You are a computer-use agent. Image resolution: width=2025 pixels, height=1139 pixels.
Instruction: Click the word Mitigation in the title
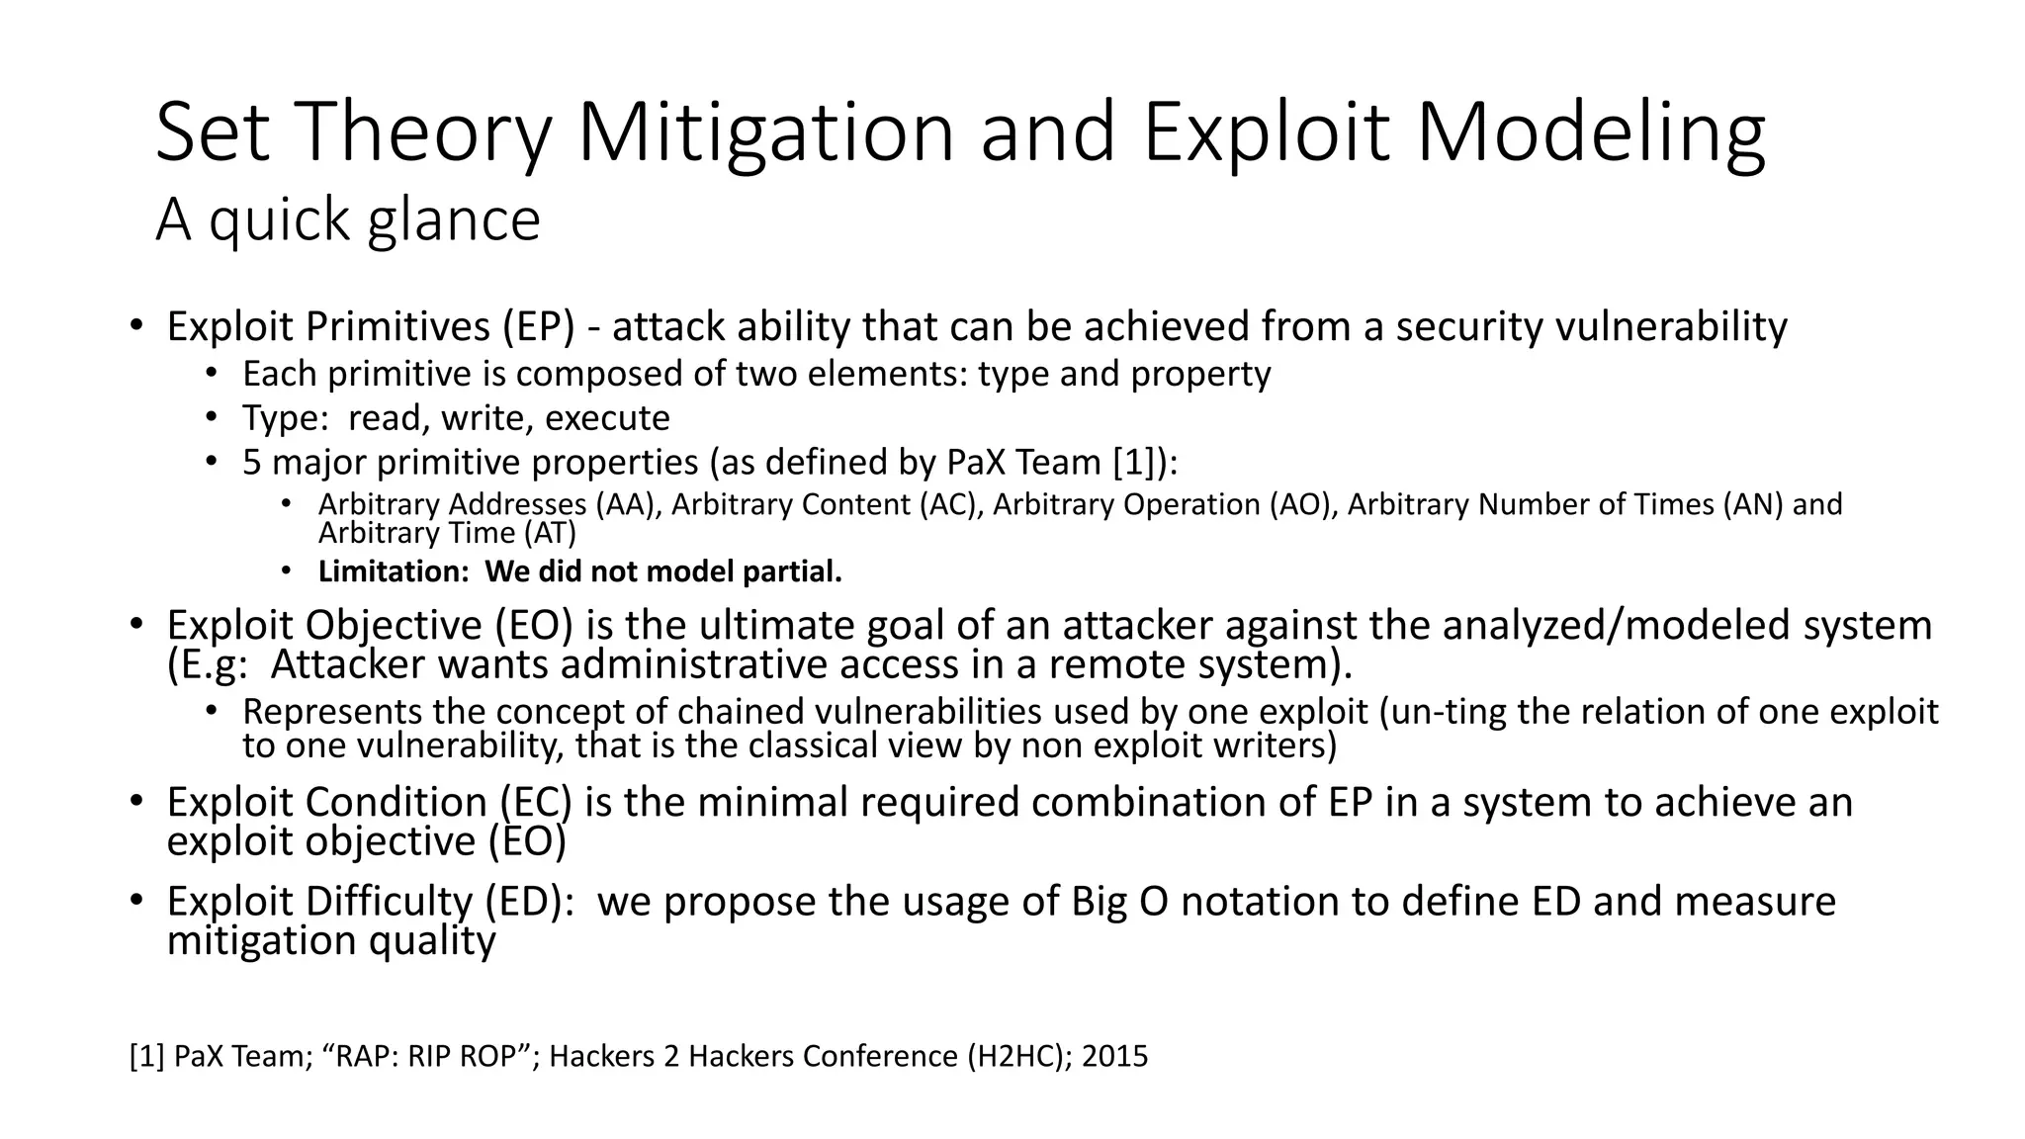765,133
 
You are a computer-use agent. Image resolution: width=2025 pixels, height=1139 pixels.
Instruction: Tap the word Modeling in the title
1591,133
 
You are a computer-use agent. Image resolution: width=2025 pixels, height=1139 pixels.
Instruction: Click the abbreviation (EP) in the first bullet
538,327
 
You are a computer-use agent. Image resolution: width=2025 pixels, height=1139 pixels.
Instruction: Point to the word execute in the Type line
607,418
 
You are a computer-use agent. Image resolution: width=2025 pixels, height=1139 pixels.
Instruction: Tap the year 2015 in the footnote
1114,1057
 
